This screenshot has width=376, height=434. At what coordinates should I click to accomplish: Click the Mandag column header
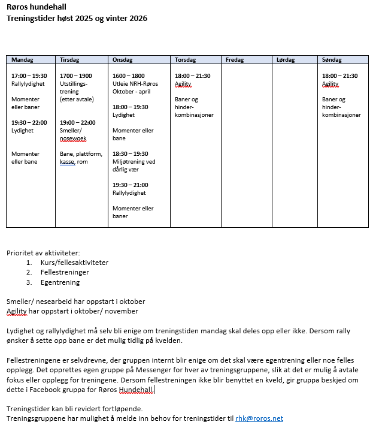(x=22, y=60)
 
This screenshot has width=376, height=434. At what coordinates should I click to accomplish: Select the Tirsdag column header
(x=69, y=60)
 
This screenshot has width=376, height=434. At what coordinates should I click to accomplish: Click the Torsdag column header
(x=185, y=60)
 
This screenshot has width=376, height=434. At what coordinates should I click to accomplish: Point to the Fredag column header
(x=235, y=60)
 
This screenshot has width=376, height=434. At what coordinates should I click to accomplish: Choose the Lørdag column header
(x=286, y=60)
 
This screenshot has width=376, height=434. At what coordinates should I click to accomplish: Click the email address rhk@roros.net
(x=259, y=418)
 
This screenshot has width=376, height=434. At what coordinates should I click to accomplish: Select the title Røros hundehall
(x=37, y=7)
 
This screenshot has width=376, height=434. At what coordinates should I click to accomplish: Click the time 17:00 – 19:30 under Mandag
(x=29, y=76)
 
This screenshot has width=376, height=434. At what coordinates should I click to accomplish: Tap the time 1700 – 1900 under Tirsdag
(x=76, y=76)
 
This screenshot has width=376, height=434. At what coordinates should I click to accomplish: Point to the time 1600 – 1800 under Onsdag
(x=129, y=76)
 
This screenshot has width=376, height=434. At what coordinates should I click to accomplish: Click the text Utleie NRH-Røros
(x=135, y=84)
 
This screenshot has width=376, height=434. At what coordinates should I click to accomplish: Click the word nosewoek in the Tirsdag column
(x=73, y=138)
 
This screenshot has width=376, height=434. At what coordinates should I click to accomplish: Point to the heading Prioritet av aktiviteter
(x=43, y=252)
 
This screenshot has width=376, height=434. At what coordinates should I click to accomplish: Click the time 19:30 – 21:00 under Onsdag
(x=131, y=185)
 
